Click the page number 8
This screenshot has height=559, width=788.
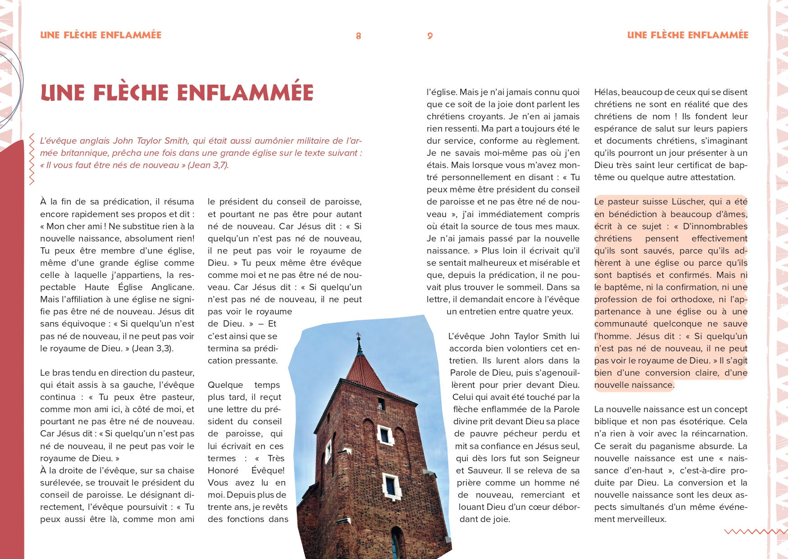pos(358,36)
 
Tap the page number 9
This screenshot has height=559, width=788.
pos(430,36)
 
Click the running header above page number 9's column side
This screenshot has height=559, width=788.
pos(688,35)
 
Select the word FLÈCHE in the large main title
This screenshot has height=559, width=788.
pos(131,93)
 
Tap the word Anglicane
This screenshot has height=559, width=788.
pos(173,287)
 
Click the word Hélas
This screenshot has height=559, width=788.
pos(606,92)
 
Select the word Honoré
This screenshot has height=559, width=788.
pos(223,470)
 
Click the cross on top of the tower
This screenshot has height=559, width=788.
pos(359,336)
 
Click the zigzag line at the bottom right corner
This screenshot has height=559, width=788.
pos(755,532)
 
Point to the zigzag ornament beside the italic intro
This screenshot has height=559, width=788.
pos(32,159)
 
